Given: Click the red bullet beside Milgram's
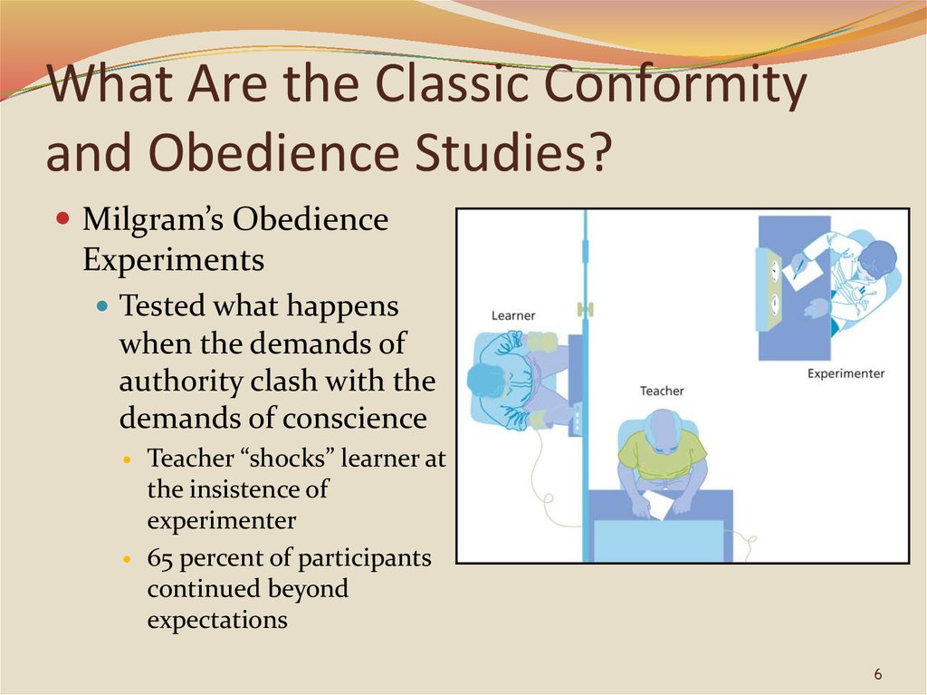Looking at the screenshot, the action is pos(62,218).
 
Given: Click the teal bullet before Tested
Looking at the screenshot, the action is pos(103,306).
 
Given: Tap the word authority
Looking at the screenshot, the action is pos(181,381).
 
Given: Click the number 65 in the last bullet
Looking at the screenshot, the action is pos(159,558).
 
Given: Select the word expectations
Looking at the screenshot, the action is pos(217,621).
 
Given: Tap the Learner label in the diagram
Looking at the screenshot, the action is pos(513,315).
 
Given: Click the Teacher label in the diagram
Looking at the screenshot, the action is pos(662,391).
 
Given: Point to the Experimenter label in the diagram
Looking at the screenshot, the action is pos(846,373).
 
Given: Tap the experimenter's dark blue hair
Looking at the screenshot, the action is pos(877,261).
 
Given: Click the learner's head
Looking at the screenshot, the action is pos(486,381).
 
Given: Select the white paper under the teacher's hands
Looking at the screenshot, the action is pos(659,504).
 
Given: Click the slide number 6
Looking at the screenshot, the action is pos(877,673).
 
